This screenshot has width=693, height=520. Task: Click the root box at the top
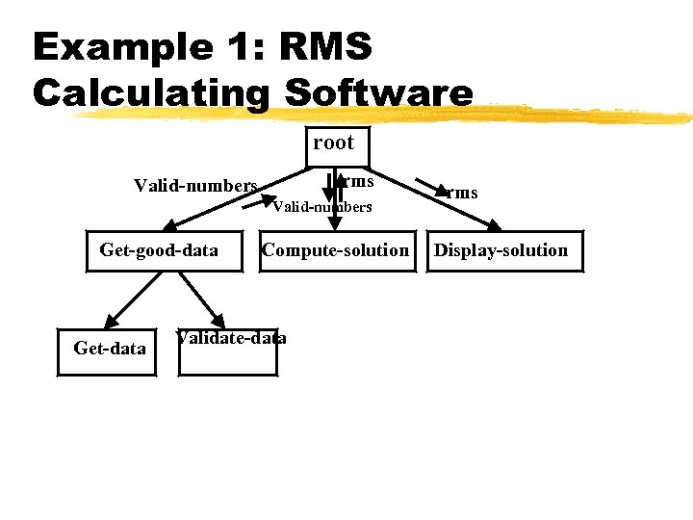click(333, 143)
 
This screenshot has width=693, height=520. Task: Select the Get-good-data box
click(159, 251)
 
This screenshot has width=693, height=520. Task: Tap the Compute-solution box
click(335, 251)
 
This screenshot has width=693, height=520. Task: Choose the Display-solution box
click(500, 251)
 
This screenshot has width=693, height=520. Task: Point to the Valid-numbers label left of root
click(195, 185)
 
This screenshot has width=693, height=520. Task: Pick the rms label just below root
click(359, 180)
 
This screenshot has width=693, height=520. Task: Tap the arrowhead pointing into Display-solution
click(495, 226)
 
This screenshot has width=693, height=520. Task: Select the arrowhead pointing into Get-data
click(109, 322)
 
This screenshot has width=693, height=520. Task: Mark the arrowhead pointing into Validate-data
click(220, 322)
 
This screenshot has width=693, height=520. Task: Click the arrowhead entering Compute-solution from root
click(334, 226)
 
